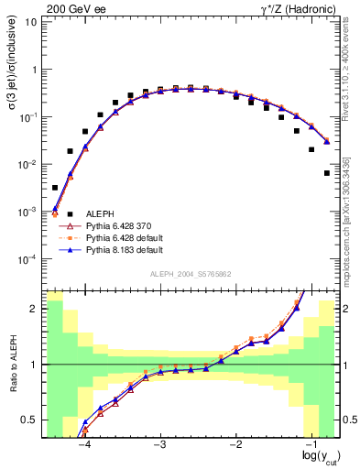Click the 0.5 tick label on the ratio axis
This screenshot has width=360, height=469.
click(30, 420)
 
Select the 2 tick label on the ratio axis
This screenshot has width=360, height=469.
click(34, 309)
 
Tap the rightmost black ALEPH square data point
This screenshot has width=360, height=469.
click(327, 172)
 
